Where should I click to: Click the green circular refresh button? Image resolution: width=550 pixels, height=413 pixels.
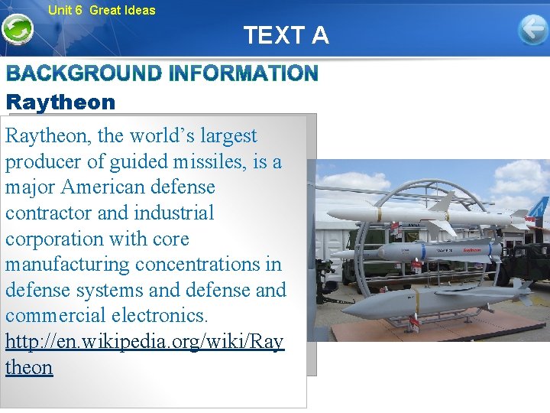17,30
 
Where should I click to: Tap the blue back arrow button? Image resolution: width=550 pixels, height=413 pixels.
532,30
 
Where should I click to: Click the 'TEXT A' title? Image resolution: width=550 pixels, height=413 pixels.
286,35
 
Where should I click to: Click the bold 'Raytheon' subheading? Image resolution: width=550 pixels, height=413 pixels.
60,102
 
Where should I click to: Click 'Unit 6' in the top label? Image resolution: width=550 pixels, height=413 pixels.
65,10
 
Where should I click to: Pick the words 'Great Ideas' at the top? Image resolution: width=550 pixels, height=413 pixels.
122,10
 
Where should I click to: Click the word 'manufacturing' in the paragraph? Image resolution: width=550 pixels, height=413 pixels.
67,265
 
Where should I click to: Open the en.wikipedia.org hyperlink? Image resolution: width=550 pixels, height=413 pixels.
144,342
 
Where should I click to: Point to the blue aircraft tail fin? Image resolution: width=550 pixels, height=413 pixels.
539,207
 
